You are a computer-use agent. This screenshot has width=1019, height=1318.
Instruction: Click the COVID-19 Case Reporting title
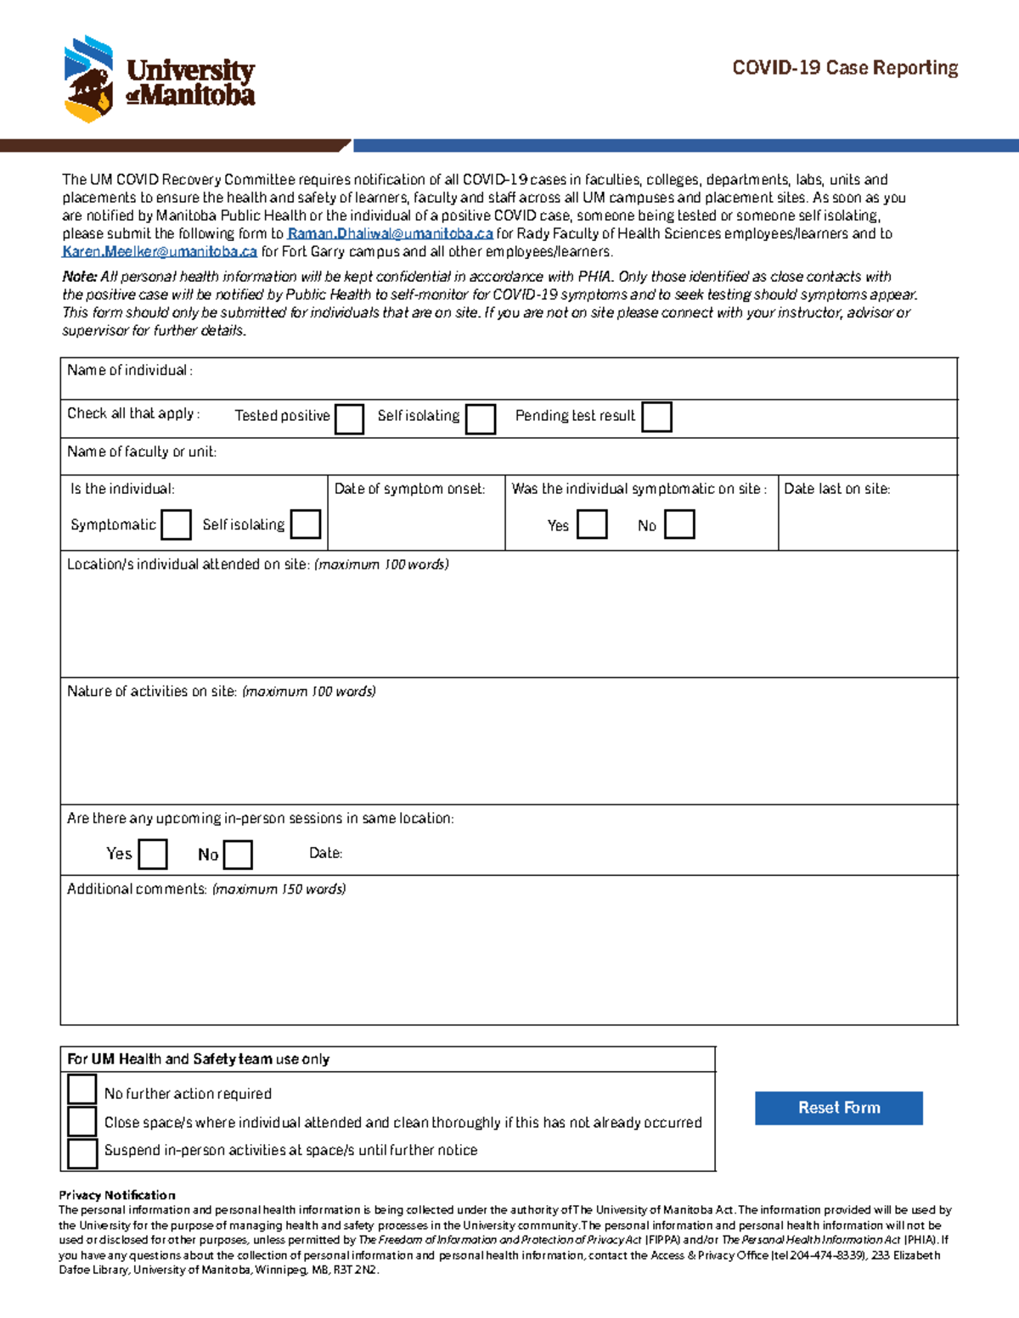coord(845,68)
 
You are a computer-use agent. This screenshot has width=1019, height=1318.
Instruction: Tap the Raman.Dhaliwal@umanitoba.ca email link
coord(390,233)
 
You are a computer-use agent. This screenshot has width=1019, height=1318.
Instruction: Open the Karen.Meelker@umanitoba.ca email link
coord(159,251)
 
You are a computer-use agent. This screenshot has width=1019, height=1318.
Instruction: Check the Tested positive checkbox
coord(349,419)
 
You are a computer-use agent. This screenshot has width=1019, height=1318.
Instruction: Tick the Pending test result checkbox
coord(656,418)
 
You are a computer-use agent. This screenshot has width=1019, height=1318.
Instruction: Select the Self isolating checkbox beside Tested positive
coord(480,419)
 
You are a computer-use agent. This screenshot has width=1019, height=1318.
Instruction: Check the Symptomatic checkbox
coord(176,524)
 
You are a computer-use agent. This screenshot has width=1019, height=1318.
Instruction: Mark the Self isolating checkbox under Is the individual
coord(305,524)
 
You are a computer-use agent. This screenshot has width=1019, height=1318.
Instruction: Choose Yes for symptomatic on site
coord(592,524)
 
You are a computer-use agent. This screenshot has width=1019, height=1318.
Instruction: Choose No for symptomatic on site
coord(679,524)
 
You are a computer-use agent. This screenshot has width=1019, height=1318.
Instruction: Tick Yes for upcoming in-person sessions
coord(153,854)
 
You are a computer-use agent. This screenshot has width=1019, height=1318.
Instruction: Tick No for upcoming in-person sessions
coord(238,855)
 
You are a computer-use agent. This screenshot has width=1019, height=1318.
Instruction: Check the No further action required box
coord(82,1089)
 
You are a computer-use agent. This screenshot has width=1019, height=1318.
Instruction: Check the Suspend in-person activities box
coord(82,1153)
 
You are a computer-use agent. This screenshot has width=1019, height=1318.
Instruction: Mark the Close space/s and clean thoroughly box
coord(82,1121)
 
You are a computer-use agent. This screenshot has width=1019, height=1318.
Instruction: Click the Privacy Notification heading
coord(117,1195)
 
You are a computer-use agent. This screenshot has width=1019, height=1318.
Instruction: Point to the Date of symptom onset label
coord(409,489)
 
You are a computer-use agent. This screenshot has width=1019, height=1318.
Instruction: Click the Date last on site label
coord(836,489)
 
